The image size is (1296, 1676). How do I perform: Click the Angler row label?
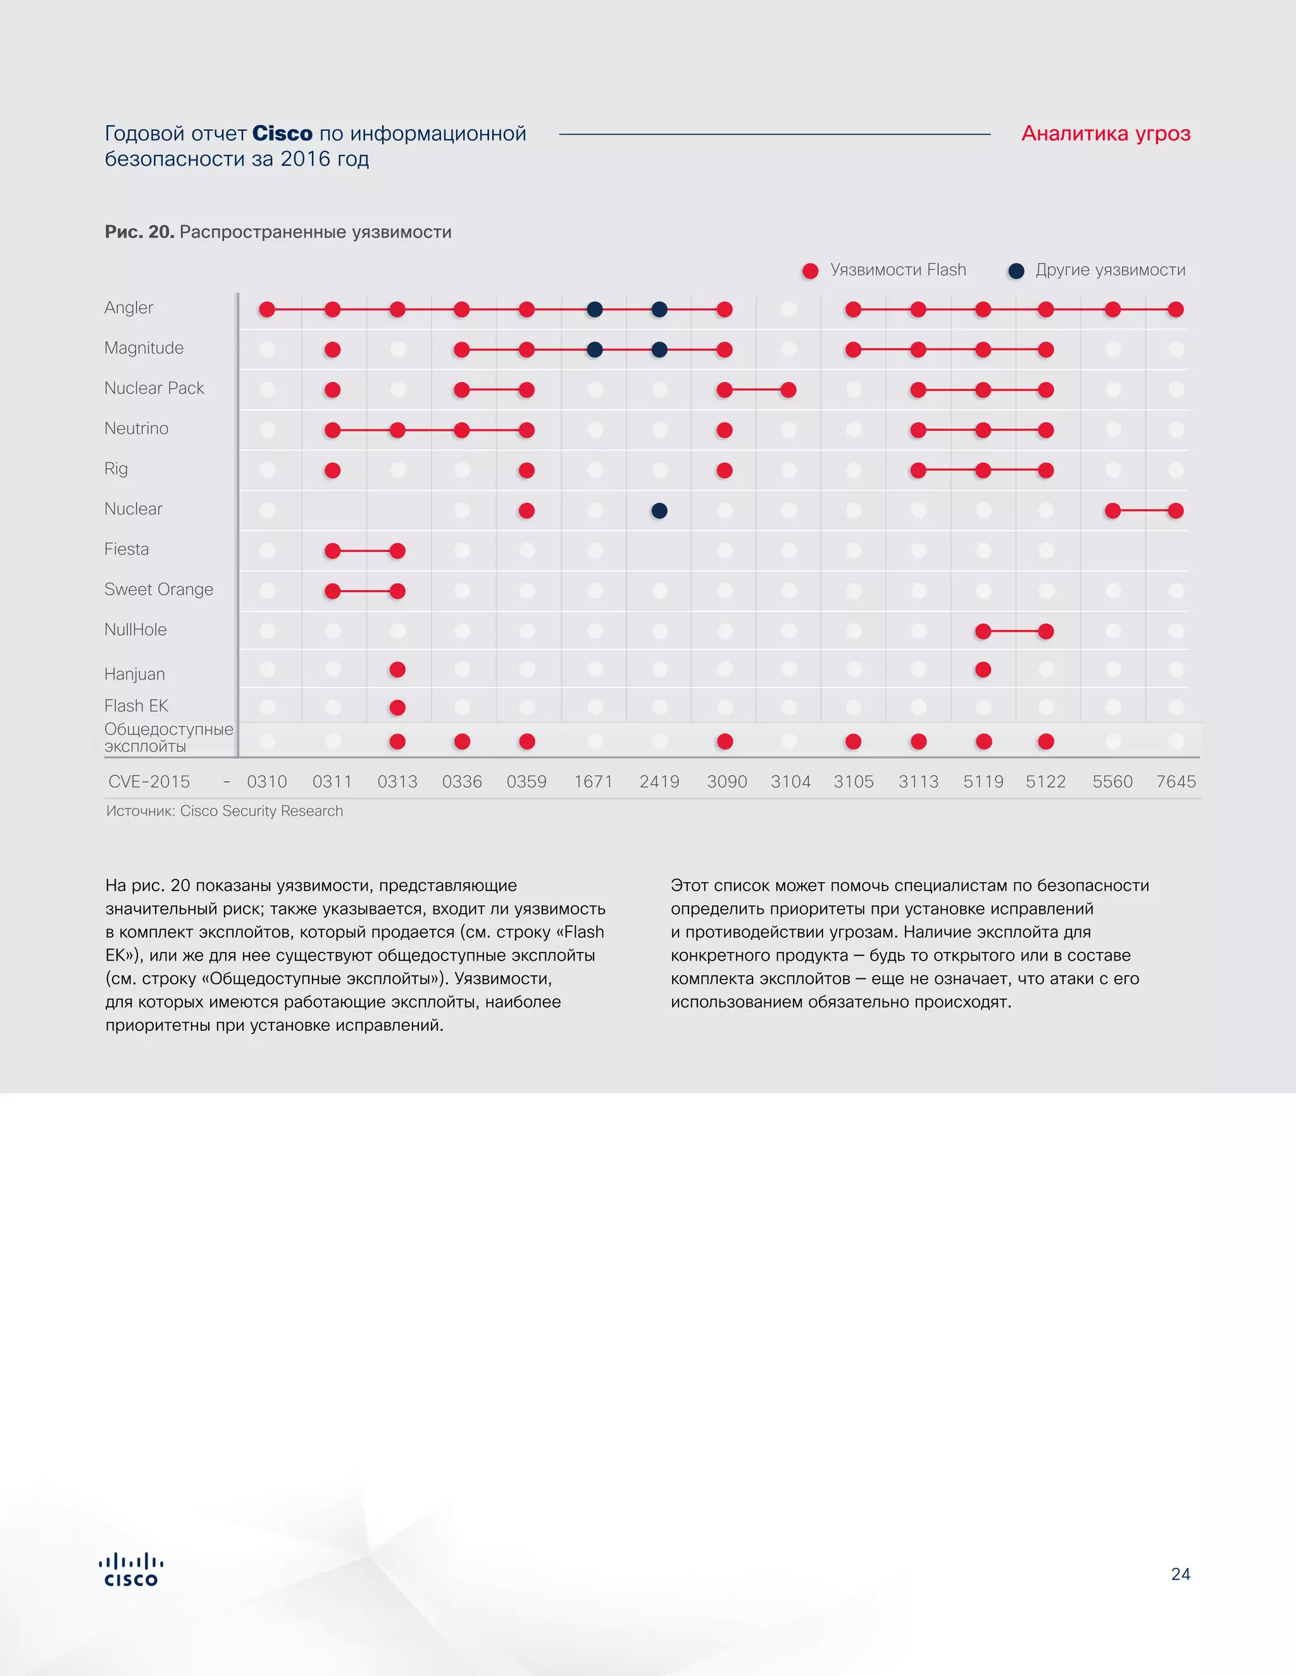pyautogui.click(x=129, y=308)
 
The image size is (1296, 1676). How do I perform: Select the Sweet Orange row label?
pyautogui.click(x=159, y=589)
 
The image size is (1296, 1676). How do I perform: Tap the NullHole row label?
pyautogui.click(x=135, y=629)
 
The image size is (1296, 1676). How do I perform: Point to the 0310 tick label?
pyautogui.click(x=267, y=781)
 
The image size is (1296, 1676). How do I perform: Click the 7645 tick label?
pyautogui.click(x=1176, y=781)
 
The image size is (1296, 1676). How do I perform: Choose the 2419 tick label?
pyautogui.click(x=659, y=781)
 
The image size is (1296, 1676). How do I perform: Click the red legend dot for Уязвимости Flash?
pyautogui.click(x=810, y=271)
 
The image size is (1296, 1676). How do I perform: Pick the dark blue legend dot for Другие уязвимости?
pyautogui.click(x=1016, y=271)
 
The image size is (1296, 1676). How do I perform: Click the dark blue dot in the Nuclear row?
pyautogui.click(x=659, y=510)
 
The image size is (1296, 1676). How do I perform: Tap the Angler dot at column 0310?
pyautogui.click(x=267, y=309)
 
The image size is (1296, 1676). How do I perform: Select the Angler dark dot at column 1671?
pyautogui.click(x=594, y=309)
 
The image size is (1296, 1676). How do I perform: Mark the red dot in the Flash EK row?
pyautogui.click(x=397, y=707)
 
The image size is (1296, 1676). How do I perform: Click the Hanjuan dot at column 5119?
pyautogui.click(x=983, y=669)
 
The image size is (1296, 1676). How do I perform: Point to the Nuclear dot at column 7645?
pyautogui.click(x=1176, y=510)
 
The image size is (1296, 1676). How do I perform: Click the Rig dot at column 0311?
pyautogui.click(x=332, y=470)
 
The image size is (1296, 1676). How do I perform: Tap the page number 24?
pyautogui.click(x=1180, y=1574)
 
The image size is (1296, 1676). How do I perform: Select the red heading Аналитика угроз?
pyautogui.click(x=1106, y=133)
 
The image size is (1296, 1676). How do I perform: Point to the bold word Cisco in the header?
pyautogui.click(x=282, y=133)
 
